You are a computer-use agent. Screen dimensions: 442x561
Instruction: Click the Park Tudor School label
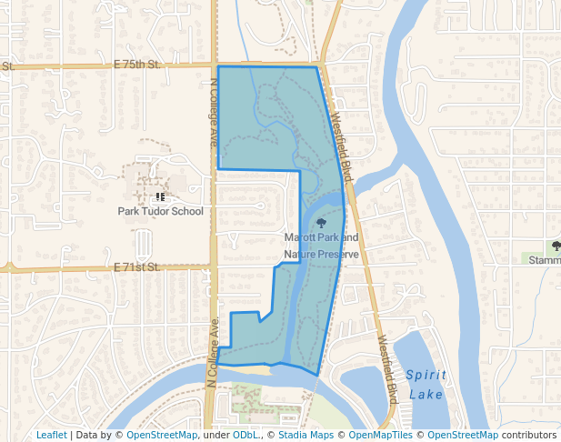[161, 211]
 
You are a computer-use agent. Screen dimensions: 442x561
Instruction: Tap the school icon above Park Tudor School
[160, 196]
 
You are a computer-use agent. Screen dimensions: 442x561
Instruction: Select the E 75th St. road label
[137, 65]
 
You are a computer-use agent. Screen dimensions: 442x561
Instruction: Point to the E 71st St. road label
[137, 266]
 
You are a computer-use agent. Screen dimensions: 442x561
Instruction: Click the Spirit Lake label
[426, 385]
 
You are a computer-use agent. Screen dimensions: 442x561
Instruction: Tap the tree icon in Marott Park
[320, 223]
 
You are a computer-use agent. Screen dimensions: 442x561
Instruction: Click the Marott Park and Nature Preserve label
[321, 246]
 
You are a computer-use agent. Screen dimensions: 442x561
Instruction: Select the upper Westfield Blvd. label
[341, 140]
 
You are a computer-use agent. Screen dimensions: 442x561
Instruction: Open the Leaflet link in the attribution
[51, 435]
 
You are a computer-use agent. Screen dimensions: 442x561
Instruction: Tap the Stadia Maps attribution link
[304, 435]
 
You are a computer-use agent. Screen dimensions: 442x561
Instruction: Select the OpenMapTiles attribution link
[379, 435]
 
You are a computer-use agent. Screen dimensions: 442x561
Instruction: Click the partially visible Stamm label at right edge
[545, 259]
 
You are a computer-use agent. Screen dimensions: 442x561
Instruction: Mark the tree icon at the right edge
[556, 246]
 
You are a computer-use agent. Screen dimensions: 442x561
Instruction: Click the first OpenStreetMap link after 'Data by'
[162, 435]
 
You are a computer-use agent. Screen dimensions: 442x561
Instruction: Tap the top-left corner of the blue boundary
[219, 66]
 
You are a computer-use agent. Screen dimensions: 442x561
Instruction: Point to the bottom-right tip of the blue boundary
[317, 375]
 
